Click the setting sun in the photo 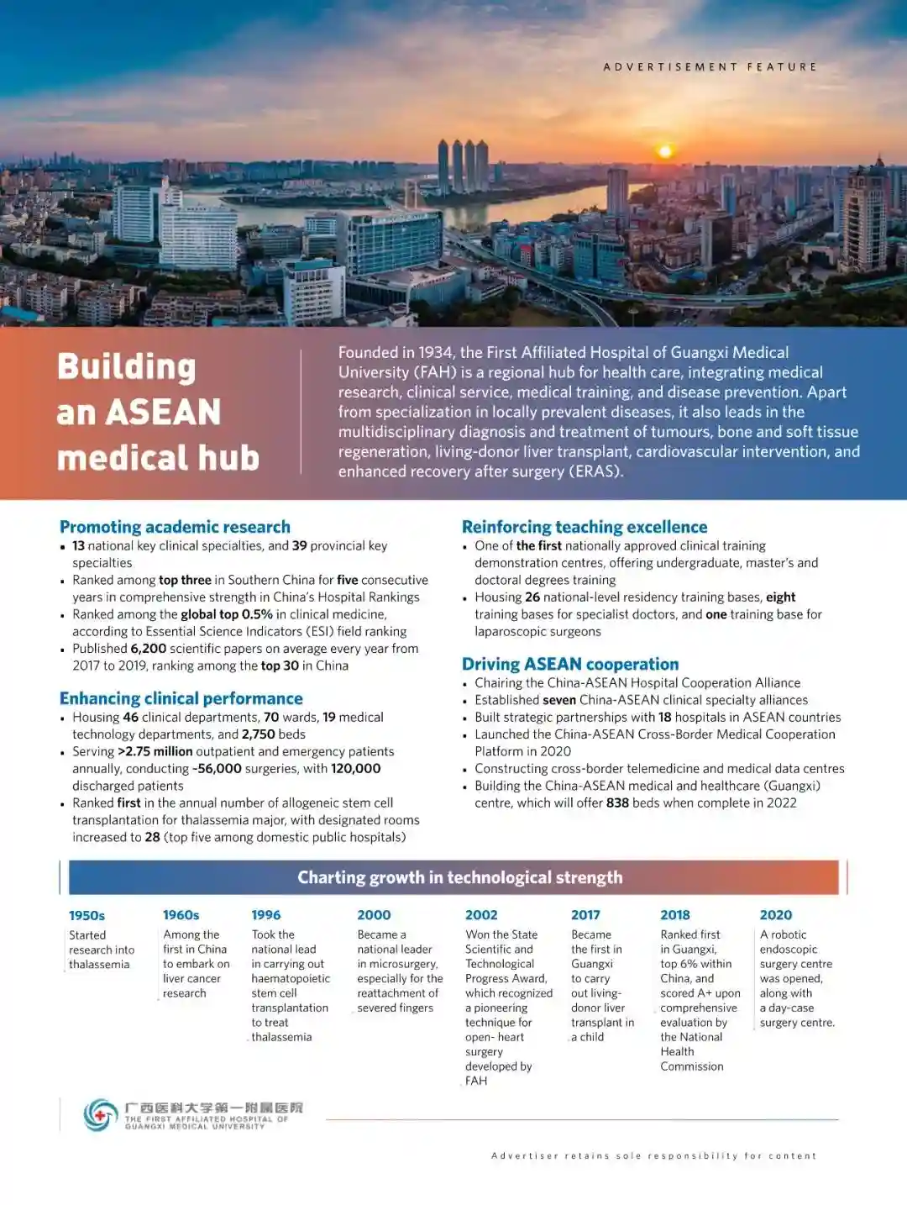[665, 151]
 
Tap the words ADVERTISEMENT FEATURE [710, 66]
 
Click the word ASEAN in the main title [163, 413]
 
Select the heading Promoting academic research [175, 527]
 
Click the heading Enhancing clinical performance [181, 698]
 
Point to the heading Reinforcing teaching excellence [585, 527]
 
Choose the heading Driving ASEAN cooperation [570, 664]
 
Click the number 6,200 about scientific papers [149, 649]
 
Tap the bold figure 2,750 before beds [258, 734]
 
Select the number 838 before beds [617, 802]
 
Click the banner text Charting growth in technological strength [460, 877]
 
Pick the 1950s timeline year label [87, 915]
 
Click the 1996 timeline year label [266, 915]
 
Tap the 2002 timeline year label [481, 915]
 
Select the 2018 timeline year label [675, 915]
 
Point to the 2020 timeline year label [776, 915]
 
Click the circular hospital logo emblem [101, 1115]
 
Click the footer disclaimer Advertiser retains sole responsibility [653, 1156]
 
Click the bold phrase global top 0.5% [227, 614]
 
